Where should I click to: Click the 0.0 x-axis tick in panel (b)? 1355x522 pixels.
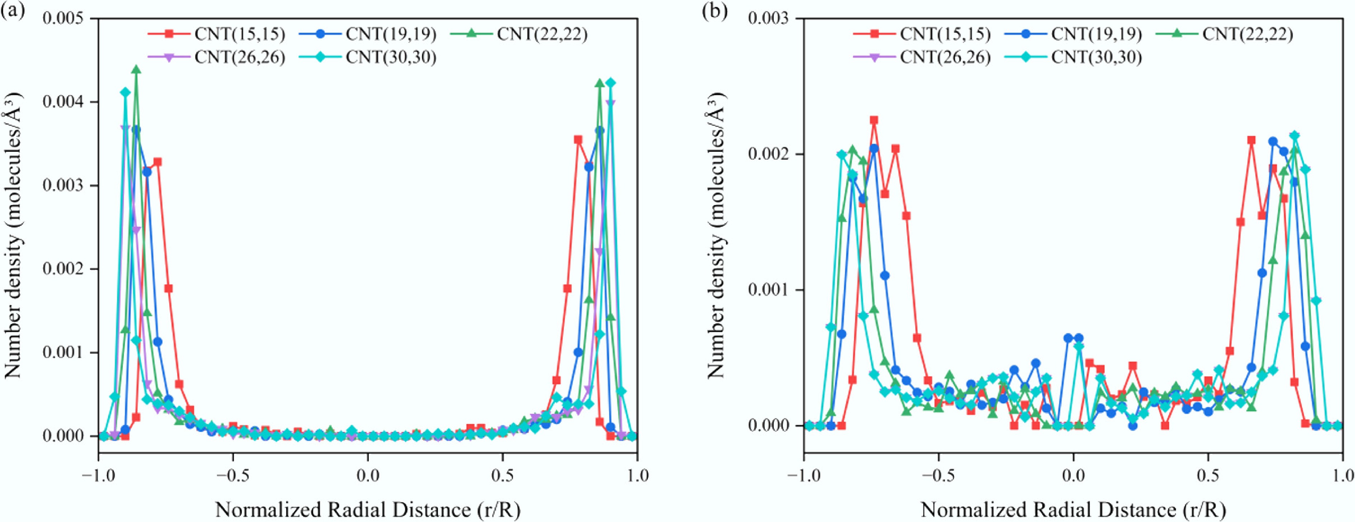(1073, 476)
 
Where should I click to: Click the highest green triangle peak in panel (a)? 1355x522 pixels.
(136, 70)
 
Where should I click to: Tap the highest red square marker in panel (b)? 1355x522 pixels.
(874, 120)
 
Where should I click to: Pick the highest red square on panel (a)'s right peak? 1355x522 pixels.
(578, 140)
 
